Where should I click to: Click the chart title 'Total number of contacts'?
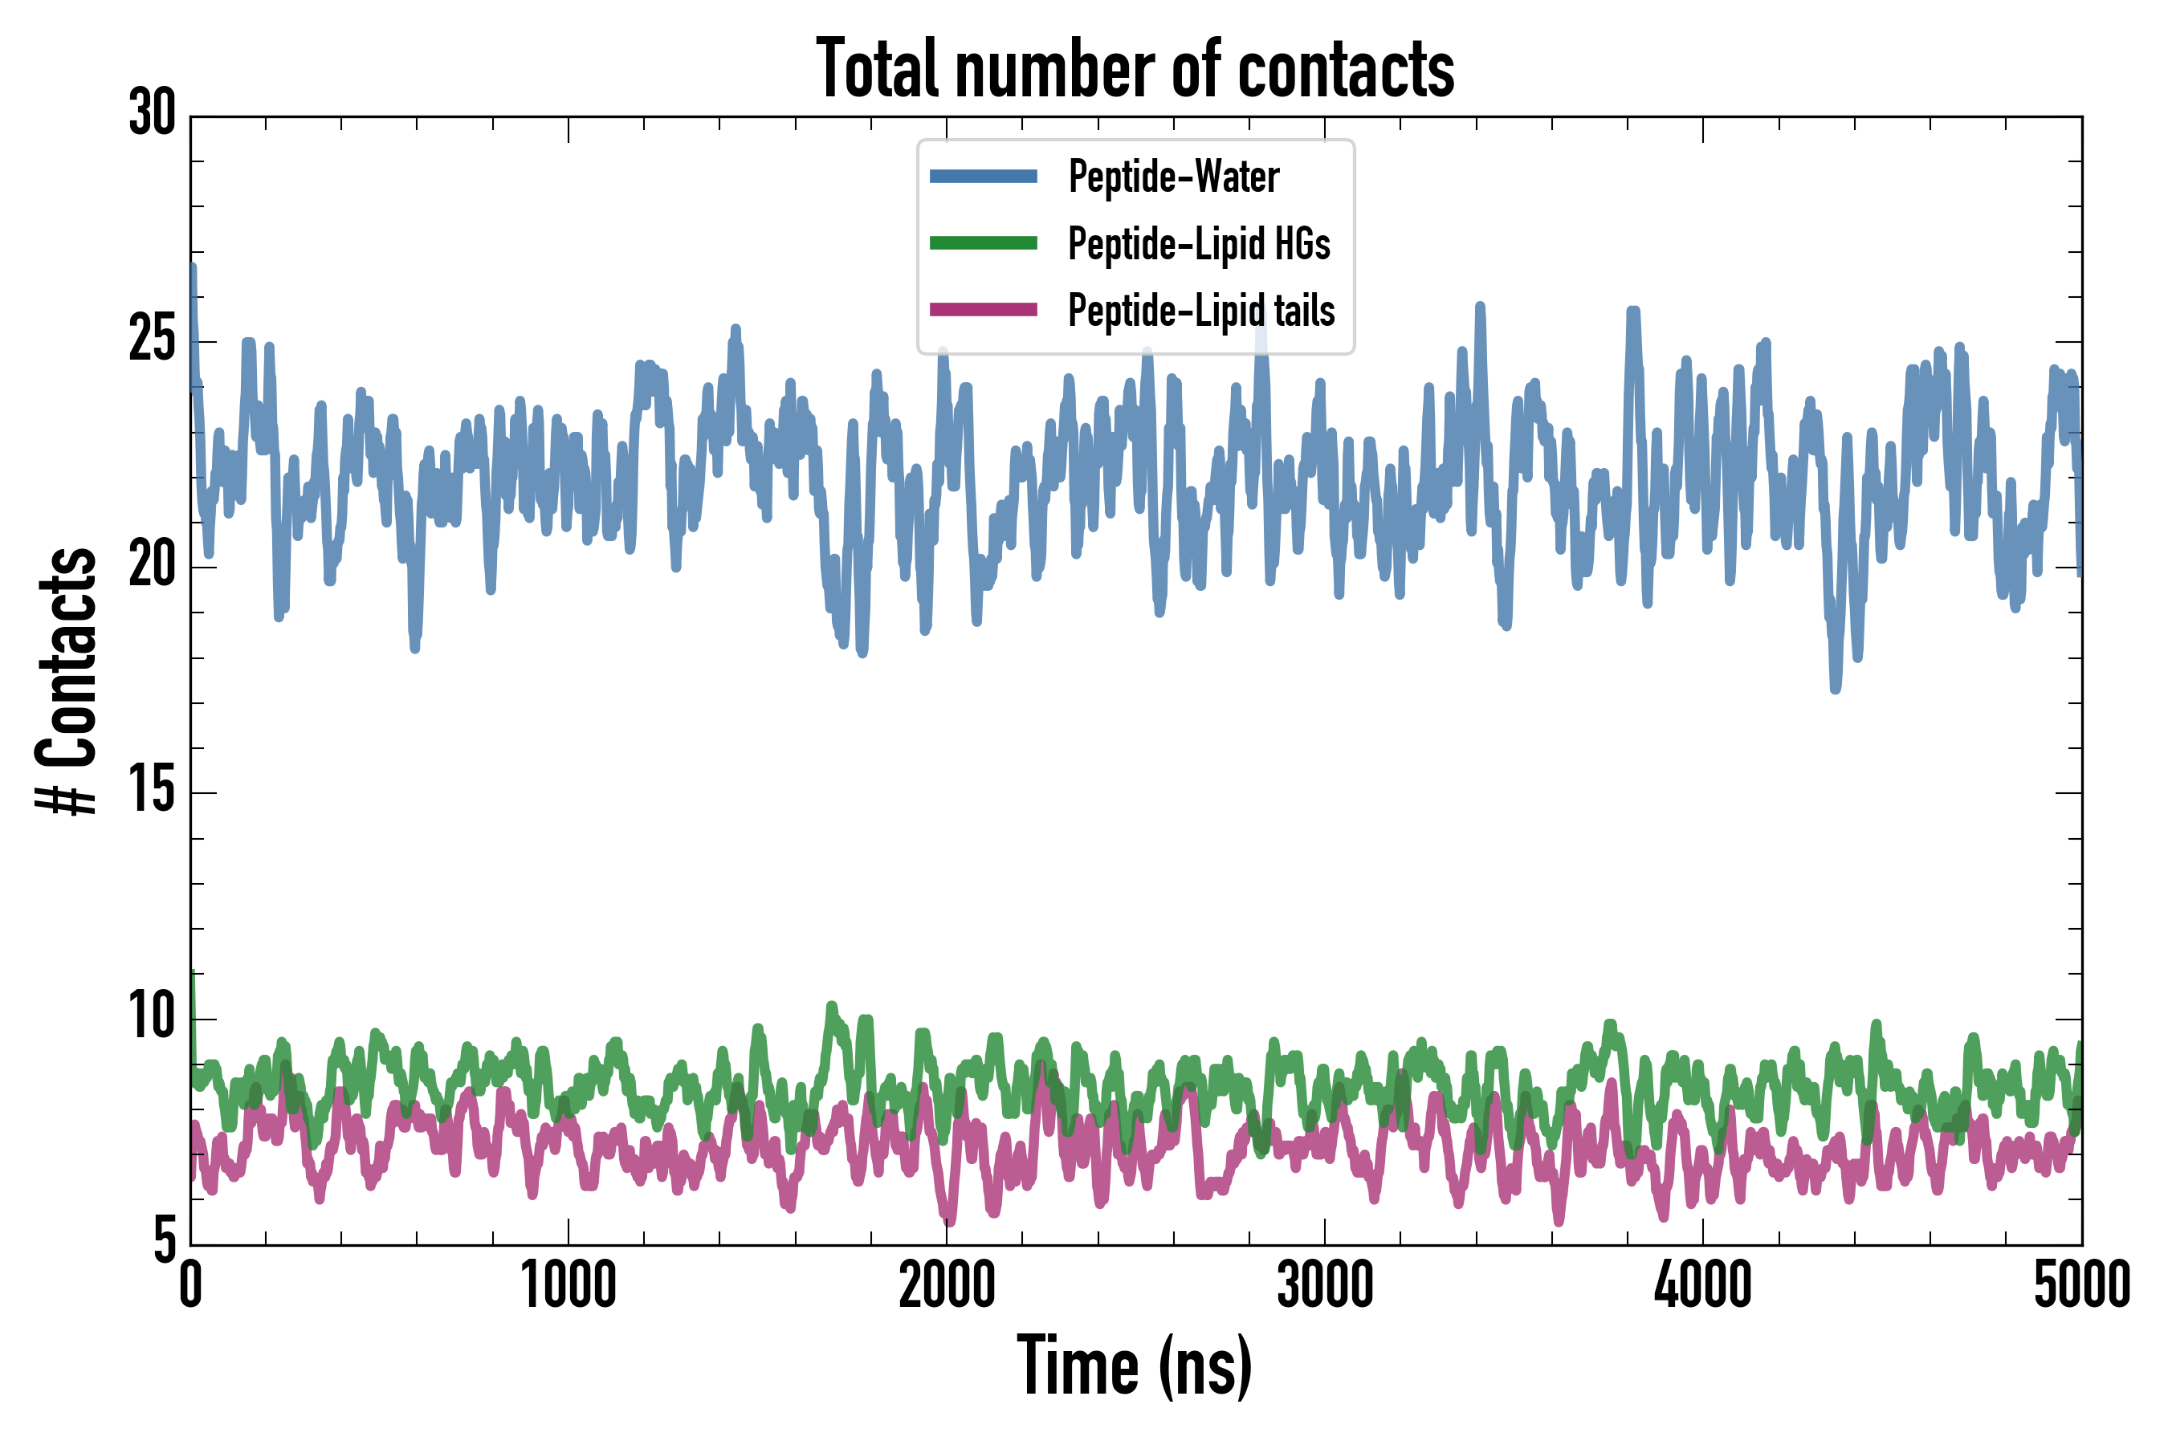point(1135,68)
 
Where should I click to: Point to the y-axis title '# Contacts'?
point(67,681)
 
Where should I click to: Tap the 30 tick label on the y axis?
point(152,114)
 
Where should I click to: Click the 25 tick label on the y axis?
point(152,340)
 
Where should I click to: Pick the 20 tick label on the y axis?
point(152,566)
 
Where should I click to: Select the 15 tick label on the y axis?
point(152,792)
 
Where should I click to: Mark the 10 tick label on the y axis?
point(152,1017)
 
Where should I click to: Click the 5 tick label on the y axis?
point(164,1240)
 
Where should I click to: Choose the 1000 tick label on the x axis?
point(568,1285)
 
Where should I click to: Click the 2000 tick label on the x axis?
point(947,1285)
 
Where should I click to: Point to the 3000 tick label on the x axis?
point(1325,1285)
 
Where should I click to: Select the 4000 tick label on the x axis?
point(1702,1285)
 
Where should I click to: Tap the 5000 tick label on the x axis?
point(2081,1285)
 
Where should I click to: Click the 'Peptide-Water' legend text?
point(1173,176)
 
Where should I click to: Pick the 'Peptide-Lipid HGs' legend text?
point(1199,243)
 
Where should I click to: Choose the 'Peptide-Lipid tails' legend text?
point(1201,310)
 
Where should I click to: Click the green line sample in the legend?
point(983,243)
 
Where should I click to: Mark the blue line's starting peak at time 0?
point(193,268)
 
